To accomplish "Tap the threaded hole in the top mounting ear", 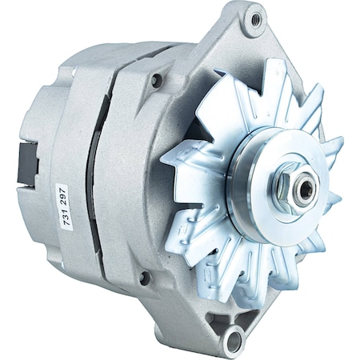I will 255,19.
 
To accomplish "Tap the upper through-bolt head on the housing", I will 156,79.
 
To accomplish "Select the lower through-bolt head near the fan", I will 144,278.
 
